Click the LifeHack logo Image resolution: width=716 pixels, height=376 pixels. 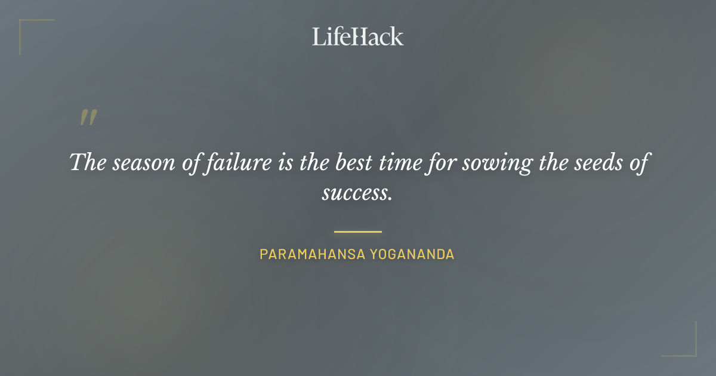click(357, 36)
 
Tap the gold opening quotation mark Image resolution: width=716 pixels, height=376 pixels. click(88, 118)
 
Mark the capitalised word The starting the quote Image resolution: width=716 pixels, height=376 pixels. click(88, 162)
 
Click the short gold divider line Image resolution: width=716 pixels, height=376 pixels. click(357, 232)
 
